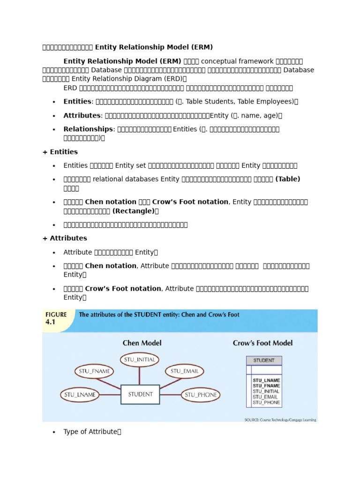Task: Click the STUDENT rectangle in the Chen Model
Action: coord(140,394)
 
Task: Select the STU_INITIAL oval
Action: coord(139,360)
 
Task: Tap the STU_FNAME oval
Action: coord(94,371)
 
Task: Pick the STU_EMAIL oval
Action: coord(184,371)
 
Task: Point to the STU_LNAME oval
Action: coord(79,395)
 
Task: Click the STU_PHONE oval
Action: coord(201,395)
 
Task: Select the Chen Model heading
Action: coord(142,343)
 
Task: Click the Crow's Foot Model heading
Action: coord(262,343)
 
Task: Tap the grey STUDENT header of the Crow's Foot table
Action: coord(264,360)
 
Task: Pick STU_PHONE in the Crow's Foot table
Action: coord(266,403)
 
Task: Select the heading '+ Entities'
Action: coord(60,152)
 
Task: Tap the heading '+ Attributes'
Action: coord(65,238)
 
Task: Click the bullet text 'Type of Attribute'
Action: coord(90,432)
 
